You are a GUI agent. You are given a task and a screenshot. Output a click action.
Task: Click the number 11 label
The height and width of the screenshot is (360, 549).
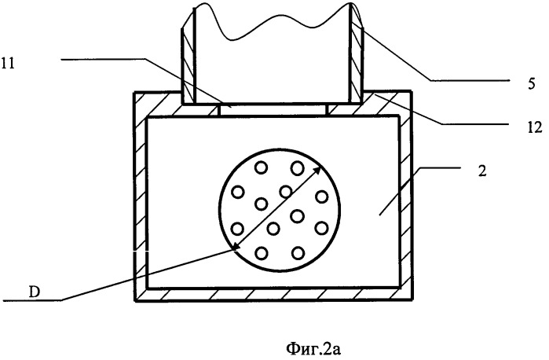click(x=8, y=64)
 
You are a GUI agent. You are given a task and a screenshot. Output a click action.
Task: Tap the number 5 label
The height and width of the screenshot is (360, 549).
click(x=532, y=84)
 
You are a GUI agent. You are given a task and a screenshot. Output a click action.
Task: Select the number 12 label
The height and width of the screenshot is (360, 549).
click(x=535, y=127)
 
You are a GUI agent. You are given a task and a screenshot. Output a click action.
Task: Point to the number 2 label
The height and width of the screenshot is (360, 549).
click(x=482, y=171)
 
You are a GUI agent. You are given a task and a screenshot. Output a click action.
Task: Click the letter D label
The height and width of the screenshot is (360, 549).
click(x=34, y=292)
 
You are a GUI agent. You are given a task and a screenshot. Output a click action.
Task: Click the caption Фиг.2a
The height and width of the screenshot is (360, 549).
click(x=313, y=349)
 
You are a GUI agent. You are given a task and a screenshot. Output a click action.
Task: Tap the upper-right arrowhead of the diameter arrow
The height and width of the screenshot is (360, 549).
click(x=317, y=171)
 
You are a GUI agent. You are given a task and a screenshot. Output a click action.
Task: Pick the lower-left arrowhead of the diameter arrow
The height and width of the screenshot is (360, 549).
click(x=236, y=247)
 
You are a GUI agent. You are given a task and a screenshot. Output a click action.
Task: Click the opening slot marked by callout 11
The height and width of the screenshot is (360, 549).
click(x=273, y=109)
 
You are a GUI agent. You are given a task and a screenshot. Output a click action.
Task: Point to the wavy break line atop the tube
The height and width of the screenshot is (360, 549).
click(x=273, y=22)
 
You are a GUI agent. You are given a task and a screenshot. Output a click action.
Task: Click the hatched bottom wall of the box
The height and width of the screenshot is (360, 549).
click(x=273, y=295)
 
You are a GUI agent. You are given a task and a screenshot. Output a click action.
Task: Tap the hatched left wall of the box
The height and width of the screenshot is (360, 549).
click(x=141, y=197)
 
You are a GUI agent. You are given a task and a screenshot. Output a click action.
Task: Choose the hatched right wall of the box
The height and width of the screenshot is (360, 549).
click(x=405, y=197)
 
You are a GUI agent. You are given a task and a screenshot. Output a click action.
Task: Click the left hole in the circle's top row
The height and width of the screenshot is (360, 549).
click(x=262, y=168)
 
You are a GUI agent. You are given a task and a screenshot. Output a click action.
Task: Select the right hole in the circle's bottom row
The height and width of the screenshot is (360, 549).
click(x=298, y=253)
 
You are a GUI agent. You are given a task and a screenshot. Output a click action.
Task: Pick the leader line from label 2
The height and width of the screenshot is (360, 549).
click(x=420, y=191)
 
